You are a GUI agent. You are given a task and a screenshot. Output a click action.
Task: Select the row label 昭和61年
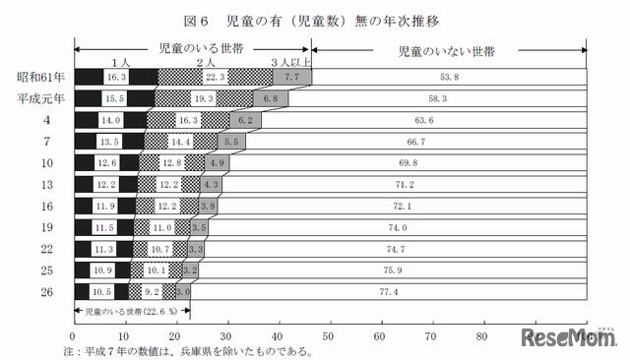coord(39,76)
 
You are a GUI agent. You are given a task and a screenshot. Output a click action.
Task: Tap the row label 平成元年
coord(39,97)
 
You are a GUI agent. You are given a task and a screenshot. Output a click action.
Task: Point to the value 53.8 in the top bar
coord(448,76)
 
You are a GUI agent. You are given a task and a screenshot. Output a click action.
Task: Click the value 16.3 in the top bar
coord(116,76)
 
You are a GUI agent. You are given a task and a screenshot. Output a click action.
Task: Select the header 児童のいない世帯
coord(446,47)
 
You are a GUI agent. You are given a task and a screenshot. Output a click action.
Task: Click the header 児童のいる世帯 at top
coord(192,47)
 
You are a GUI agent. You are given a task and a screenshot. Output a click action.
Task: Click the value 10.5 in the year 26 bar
coord(103,292)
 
